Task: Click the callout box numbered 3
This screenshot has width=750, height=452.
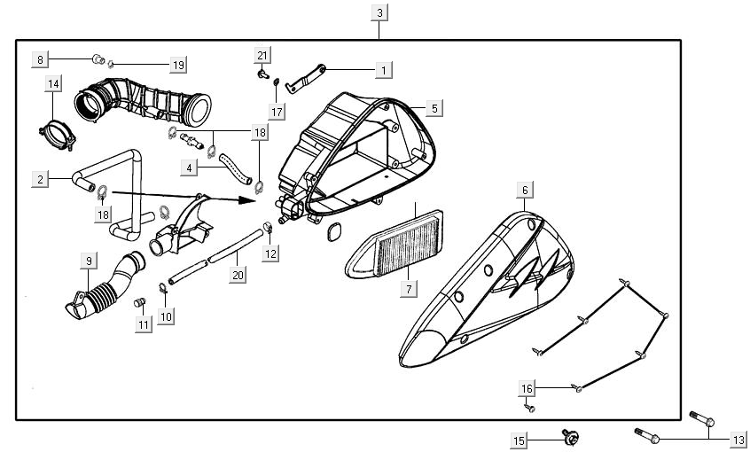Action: click(379, 13)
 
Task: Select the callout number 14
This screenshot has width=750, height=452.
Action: click(54, 84)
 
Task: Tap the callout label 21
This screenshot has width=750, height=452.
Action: click(262, 57)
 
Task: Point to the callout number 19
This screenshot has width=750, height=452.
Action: click(178, 65)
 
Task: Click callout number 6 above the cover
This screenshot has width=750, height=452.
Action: click(524, 191)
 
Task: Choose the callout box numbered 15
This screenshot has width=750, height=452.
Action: click(520, 440)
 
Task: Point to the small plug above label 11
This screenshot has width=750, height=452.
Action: click(138, 304)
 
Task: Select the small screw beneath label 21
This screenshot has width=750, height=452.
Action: click(262, 75)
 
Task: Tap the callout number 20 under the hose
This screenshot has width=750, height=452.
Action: click(237, 276)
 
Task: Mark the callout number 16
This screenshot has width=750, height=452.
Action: click(527, 388)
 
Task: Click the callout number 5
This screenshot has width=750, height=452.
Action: click(434, 107)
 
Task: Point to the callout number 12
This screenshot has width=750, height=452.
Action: click(271, 254)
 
